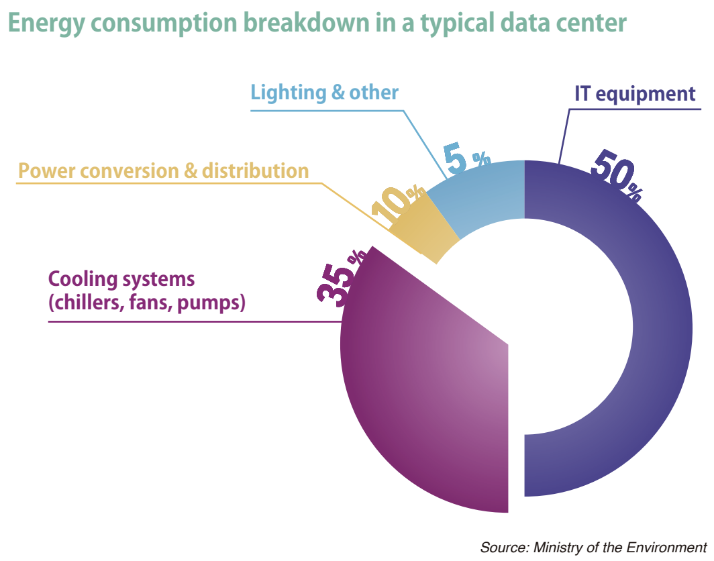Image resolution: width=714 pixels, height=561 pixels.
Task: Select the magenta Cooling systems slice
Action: coord(416,403)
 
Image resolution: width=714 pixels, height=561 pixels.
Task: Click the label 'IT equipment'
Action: coord(635,93)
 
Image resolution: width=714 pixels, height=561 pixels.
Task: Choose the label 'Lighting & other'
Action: coord(325,92)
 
